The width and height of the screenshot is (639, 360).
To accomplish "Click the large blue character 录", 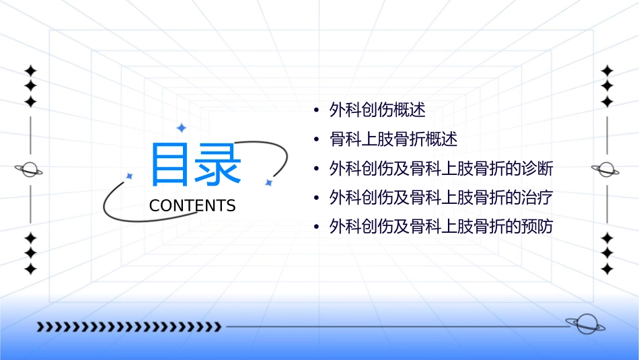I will click(x=219, y=164).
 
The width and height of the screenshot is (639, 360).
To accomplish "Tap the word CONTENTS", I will click(x=192, y=205).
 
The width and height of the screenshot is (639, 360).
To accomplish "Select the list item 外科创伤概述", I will click(x=377, y=110).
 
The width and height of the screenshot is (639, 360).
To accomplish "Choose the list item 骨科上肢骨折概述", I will click(x=393, y=139).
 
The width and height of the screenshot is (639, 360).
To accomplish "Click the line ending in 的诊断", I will click(x=441, y=168).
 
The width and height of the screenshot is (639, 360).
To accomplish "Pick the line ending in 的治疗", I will click(x=441, y=197).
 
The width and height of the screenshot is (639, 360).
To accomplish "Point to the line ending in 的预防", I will click(x=441, y=227).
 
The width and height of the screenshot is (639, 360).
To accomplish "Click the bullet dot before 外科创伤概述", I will click(x=316, y=110).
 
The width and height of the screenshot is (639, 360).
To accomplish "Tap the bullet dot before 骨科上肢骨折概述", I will click(x=316, y=140).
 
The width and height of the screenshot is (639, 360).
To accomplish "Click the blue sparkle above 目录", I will click(x=180, y=128).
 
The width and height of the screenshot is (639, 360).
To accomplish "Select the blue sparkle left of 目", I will click(x=130, y=176).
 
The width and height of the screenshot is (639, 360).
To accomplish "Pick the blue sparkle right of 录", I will click(x=268, y=182).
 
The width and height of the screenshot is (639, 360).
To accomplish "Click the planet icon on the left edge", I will click(x=30, y=170).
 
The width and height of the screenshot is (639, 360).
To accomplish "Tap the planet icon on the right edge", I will click(x=606, y=170).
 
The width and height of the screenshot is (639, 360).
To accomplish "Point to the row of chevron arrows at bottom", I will click(x=128, y=327).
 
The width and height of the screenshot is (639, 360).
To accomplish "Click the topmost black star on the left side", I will click(x=30, y=70).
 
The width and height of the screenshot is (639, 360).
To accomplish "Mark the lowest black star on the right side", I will click(x=607, y=269).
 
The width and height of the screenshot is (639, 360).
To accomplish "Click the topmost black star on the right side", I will click(x=607, y=70).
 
